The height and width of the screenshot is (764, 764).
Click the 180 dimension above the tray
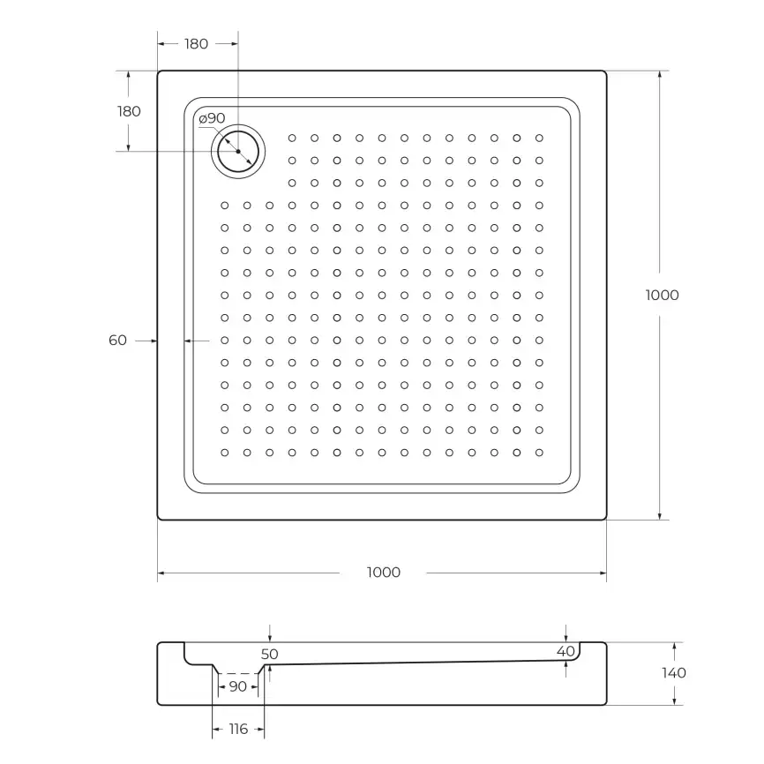pos(196,43)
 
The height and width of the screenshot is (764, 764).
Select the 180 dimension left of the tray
pos(129,111)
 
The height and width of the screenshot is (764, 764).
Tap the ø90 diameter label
pos(212,118)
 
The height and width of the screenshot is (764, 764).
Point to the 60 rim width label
pos(118,340)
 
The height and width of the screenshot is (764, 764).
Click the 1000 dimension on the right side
pos(662,295)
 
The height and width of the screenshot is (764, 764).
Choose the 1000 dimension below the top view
pos(383,573)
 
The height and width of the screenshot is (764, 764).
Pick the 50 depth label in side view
pos(270,654)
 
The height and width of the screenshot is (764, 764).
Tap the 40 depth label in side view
pos(566,650)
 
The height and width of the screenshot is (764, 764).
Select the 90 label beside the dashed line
pos(237,686)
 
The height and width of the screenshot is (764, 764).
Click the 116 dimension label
pos(238,729)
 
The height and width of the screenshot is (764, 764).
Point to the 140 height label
pos(673,672)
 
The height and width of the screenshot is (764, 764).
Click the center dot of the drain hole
pos(238,151)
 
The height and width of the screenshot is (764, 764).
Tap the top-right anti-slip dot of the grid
pos(539,138)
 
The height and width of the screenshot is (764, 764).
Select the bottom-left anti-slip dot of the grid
pos(224,453)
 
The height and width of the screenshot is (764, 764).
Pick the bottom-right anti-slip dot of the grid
pos(539,453)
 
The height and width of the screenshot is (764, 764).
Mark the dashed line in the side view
pos(237,673)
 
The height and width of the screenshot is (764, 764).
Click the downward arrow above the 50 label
pos(270,635)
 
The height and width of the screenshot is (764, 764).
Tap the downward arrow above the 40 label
pos(566,634)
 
